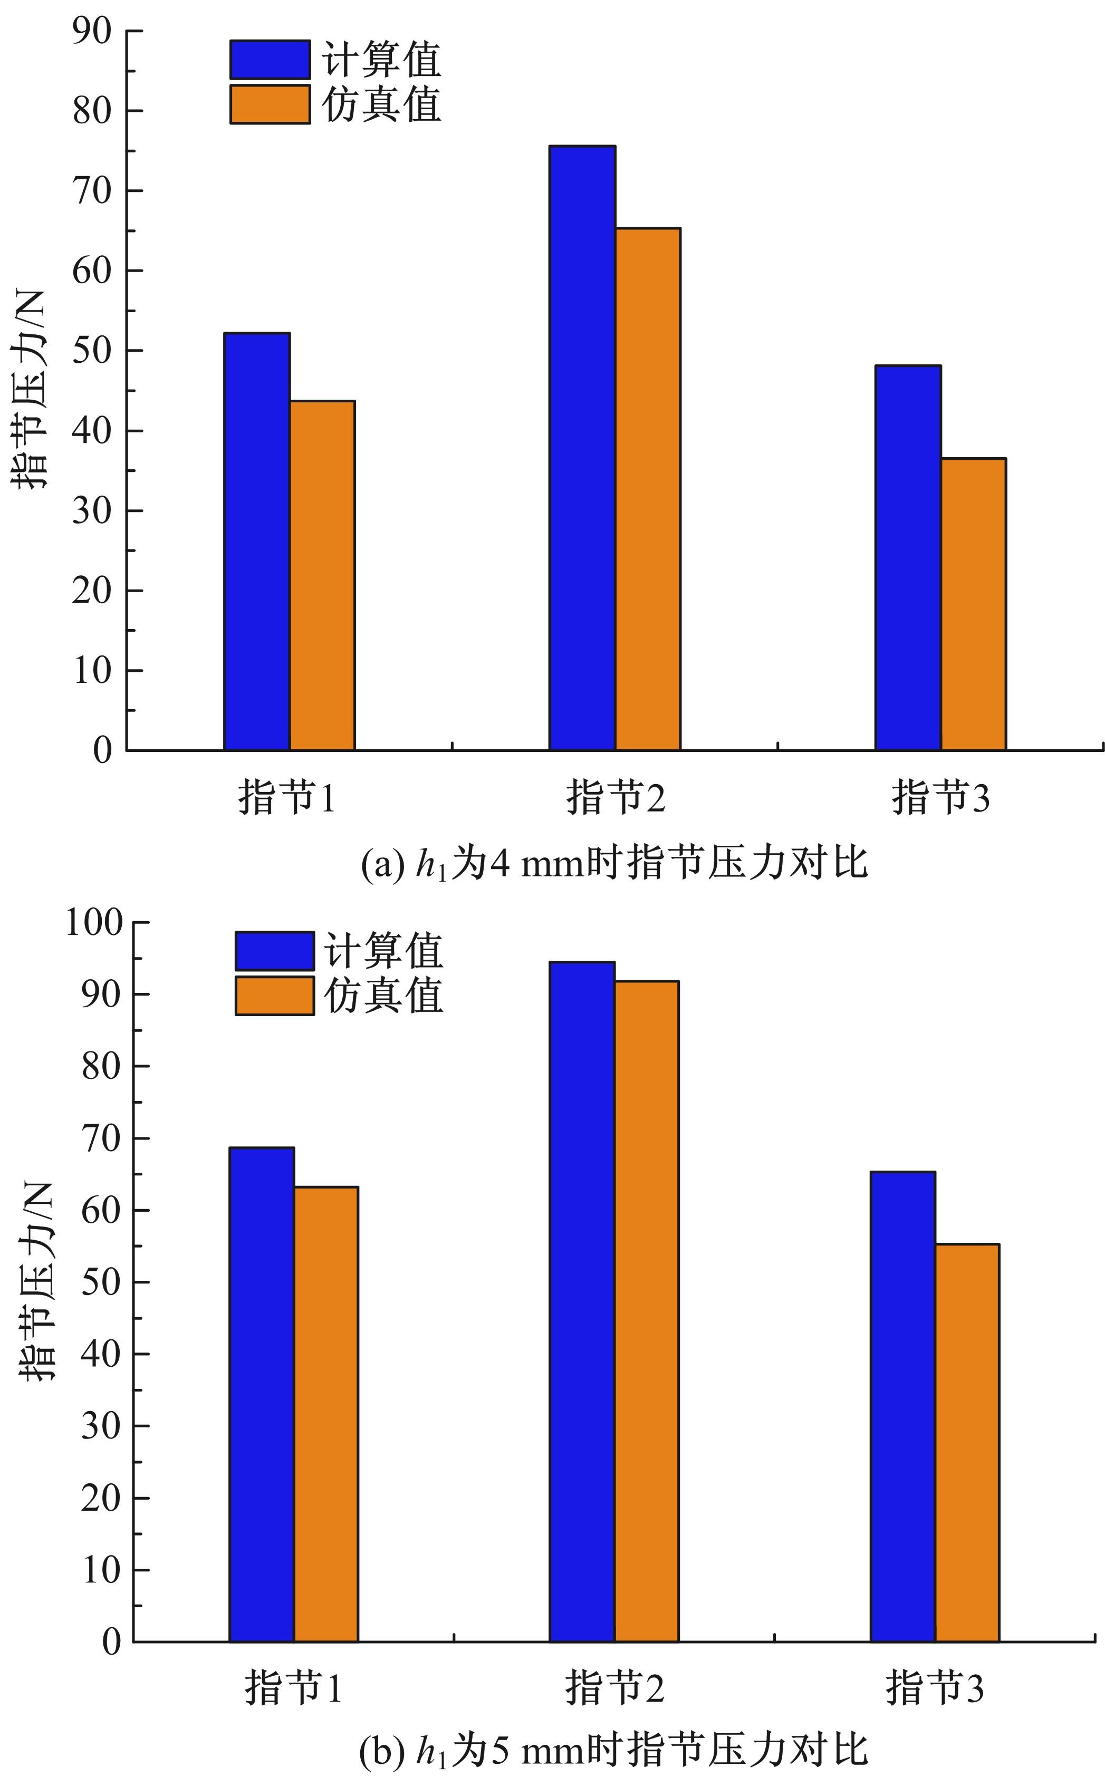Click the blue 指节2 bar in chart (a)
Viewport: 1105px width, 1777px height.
tap(582, 447)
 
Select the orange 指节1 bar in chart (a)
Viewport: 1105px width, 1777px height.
tap(322, 575)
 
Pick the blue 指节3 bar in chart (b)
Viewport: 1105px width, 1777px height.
tap(902, 1406)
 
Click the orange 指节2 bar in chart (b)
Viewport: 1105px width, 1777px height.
tap(646, 1311)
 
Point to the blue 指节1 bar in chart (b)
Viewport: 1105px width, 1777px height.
tap(262, 1394)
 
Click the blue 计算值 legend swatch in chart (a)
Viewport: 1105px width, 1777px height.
tap(270, 60)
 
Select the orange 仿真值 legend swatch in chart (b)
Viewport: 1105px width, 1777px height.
tap(274, 995)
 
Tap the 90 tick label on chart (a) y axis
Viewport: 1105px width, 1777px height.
tap(92, 32)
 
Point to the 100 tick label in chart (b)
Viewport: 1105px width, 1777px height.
tap(95, 922)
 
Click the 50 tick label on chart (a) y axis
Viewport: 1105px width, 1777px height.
tap(92, 351)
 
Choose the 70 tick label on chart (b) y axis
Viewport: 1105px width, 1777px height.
tap(101, 1138)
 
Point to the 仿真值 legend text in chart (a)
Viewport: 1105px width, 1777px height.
tap(381, 104)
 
